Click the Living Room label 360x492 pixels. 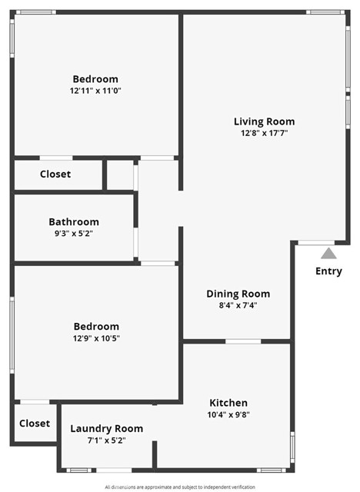click(265, 121)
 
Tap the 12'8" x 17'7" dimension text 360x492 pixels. click(265, 133)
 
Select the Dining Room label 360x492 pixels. click(238, 294)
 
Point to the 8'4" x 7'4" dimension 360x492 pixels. click(238, 305)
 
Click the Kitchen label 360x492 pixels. click(228, 403)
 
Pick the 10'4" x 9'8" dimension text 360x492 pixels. click(228, 414)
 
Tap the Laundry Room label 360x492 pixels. click(107, 429)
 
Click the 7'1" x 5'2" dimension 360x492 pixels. click(107, 440)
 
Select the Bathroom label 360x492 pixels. click(74, 222)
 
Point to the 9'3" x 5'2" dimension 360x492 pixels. click(74, 234)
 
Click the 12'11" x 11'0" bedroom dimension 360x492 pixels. click(95, 91)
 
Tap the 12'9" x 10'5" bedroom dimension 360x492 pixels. click(96, 338)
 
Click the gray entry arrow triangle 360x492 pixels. click(328, 254)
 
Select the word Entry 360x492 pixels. click(328, 271)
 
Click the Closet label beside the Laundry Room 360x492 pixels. click(35, 424)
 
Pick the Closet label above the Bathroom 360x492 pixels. click(55, 174)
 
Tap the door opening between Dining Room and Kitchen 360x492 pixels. click(243, 341)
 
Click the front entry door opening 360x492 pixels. click(316, 243)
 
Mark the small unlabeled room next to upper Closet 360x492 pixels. click(120, 175)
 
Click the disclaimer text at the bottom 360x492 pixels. click(180, 487)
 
